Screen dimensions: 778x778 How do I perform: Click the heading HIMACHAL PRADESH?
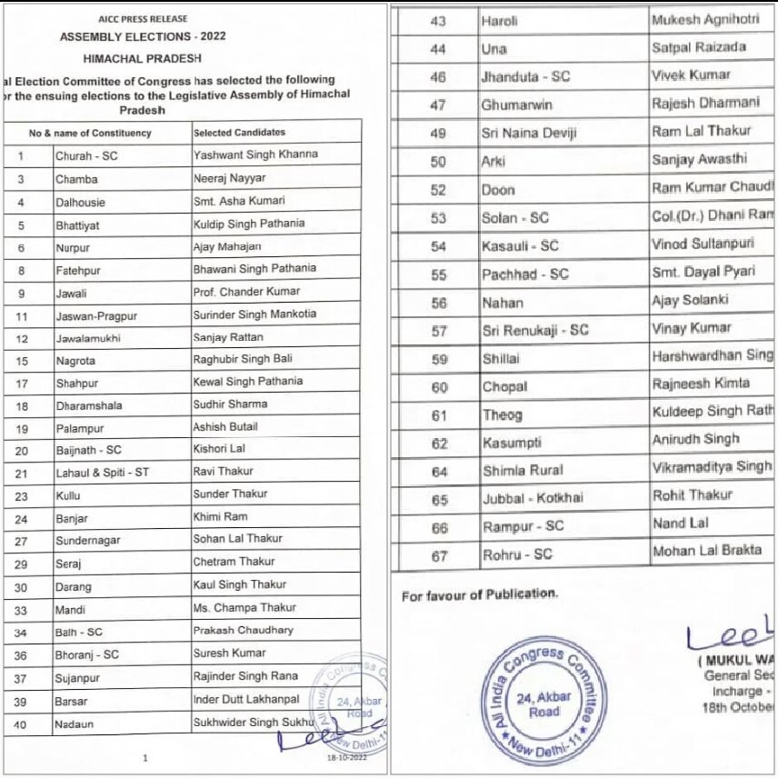[144, 57]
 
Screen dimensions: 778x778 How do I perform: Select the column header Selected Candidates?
[239, 133]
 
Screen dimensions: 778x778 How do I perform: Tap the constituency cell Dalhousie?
[81, 202]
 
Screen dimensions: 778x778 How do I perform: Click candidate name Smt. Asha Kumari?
[239, 200]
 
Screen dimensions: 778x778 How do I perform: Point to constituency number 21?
[21, 474]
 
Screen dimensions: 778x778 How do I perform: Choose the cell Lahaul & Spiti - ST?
[102, 473]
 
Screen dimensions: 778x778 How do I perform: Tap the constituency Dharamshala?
[88, 405]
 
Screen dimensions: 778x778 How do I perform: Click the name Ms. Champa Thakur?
[244, 607]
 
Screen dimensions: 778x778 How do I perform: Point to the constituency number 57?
[439, 331]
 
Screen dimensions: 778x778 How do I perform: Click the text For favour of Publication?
[479, 594]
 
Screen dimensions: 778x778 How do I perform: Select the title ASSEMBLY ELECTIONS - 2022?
[143, 37]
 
